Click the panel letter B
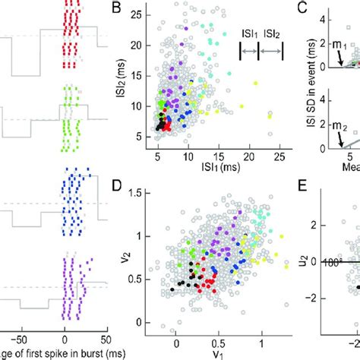tap(117, 10)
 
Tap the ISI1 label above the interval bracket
tap(248, 36)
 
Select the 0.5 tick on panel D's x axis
tap(219, 334)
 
